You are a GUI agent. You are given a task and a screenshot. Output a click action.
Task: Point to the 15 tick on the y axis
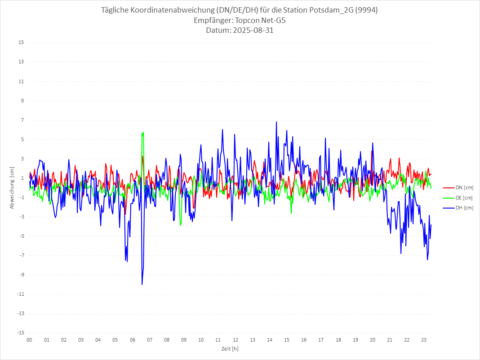coord(21,43)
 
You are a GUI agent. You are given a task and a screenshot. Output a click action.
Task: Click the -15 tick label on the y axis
coord(20,333)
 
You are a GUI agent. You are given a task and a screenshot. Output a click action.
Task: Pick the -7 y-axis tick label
coord(21,255)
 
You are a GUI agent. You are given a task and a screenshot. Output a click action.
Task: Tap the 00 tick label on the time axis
coord(29,340)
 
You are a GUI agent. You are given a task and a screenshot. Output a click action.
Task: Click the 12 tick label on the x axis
coord(235,340)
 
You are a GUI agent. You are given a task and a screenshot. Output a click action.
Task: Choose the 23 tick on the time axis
coord(424,340)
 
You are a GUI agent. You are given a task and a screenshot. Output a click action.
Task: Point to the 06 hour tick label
coord(132,340)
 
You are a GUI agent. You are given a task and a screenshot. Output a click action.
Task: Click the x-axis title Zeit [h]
coord(230,348)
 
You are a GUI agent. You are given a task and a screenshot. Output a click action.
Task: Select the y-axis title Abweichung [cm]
coord(12,187)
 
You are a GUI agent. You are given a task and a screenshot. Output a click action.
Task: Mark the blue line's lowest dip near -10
coord(142,284)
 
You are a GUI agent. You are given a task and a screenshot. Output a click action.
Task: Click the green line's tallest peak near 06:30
coord(143,132)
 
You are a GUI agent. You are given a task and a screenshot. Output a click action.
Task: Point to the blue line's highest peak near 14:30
coord(276,122)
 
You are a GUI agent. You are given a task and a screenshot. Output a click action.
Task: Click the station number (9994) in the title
coord(365,10)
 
